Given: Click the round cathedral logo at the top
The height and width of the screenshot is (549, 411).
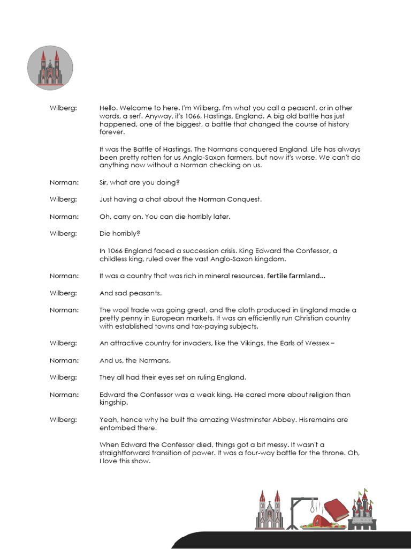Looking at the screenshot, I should tap(50, 68).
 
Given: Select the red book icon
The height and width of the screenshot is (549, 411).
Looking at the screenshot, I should tap(335, 509).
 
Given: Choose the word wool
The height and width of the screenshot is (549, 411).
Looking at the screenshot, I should tap(123, 310).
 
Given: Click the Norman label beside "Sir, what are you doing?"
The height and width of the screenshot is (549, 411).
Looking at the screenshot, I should tap(64, 182).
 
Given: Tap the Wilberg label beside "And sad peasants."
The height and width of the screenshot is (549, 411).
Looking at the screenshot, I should tap(64, 293).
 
